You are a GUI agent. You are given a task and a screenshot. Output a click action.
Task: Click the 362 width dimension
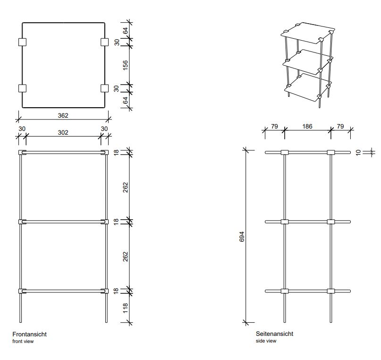[x=63, y=115]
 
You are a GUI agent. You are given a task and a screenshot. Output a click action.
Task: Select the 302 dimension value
[x=63, y=132]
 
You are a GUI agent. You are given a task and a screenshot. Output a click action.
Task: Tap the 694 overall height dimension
[x=242, y=237]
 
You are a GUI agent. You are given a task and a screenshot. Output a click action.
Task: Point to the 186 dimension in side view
[x=307, y=127]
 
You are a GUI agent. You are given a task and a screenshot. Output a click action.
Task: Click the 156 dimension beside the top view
[x=125, y=65]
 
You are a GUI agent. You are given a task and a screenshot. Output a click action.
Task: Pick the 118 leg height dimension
[x=126, y=308]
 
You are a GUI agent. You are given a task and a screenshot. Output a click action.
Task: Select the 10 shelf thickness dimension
[x=358, y=153]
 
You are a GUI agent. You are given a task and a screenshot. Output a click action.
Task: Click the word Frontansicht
[x=29, y=334]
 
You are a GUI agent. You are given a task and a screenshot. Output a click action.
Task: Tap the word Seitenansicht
[x=275, y=334]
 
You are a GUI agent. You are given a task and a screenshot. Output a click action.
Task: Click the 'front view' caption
[x=23, y=341]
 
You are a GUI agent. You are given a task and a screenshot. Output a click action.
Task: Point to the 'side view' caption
[x=266, y=341]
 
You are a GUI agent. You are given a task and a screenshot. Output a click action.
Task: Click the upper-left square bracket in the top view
[x=22, y=42]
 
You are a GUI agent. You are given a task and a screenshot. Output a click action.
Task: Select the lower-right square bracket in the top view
[x=104, y=88]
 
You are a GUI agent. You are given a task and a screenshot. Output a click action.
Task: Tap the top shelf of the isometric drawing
[x=308, y=33]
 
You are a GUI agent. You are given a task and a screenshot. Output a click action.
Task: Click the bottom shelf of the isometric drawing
[x=308, y=88]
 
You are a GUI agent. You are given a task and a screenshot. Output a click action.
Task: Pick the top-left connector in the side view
[x=285, y=153]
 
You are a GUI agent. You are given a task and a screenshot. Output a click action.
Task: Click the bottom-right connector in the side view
[x=330, y=291]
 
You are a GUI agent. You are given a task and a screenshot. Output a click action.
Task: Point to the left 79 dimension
[x=274, y=127]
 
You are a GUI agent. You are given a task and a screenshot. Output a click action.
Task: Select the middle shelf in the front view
[x=63, y=222]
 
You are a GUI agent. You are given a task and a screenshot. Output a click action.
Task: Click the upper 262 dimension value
[x=125, y=187]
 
